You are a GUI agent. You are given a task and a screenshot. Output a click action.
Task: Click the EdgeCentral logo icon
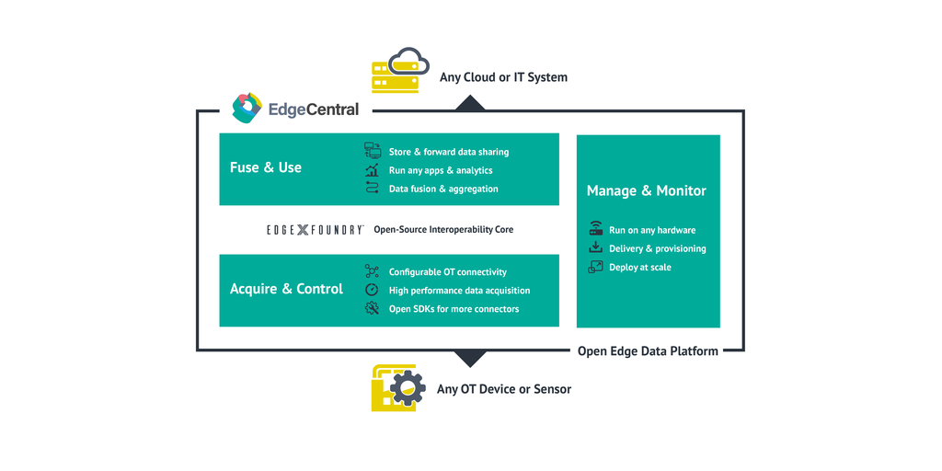tap(247, 109)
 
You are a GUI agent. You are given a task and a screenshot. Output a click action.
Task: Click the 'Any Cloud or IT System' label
tap(503, 77)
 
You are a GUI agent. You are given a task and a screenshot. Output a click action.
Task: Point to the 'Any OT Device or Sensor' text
tap(504, 389)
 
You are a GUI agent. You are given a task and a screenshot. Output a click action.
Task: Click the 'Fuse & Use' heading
tap(266, 167)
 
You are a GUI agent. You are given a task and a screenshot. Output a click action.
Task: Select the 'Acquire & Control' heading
tap(286, 289)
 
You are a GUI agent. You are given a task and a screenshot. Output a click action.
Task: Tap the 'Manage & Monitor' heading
tap(647, 191)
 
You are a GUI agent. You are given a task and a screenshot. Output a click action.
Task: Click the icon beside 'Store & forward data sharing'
tap(373, 152)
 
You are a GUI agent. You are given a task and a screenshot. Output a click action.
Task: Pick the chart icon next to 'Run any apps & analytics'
tap(373, 170)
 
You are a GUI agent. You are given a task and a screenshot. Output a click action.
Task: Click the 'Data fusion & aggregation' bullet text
tap(443, 189)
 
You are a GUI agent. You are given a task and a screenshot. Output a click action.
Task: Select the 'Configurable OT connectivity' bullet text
tap(448, 272)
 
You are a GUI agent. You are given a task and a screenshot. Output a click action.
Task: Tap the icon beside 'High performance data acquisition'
tap(373, 291)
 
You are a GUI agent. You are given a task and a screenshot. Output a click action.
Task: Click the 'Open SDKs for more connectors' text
tap(454, 309)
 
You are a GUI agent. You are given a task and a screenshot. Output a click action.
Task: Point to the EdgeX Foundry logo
tap(315, 229)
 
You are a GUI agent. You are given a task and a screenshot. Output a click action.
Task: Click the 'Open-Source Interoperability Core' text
tap(443, 229)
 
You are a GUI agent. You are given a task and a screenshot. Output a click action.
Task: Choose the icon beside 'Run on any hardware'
tap(595, 230)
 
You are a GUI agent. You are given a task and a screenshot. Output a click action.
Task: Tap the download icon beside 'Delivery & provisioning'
tap(595, 248)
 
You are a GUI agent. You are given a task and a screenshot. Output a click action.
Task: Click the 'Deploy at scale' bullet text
tap(640, 267)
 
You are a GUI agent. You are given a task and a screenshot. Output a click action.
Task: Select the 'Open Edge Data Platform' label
tap(648, 350)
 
